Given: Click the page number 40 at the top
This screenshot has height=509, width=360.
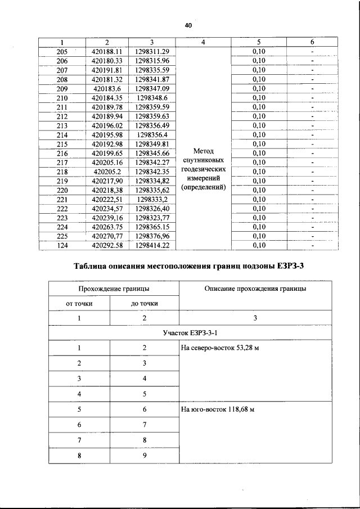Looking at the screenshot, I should pos(188,26).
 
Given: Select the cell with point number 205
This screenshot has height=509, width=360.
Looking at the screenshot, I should pos(62,52).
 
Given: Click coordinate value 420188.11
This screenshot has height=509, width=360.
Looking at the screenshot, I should pos(107,52).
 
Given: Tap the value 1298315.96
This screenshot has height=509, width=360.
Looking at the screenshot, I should pos(152,61).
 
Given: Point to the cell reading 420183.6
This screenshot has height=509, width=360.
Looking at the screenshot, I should pos(107,89).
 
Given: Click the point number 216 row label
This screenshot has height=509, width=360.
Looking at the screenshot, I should pos(62,153).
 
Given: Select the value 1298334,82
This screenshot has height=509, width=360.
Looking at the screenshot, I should pos(152,181).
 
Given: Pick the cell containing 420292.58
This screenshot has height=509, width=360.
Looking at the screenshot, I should pos(107,245).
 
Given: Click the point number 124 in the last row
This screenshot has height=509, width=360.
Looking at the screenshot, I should pos(62,245).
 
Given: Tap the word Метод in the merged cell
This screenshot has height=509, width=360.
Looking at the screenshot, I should pos(203,151).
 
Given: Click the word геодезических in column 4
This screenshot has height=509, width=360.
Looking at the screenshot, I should pos(203,169).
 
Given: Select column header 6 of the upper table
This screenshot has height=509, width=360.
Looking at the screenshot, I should pos(312,42).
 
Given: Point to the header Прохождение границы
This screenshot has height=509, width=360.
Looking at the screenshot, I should pos(113,289).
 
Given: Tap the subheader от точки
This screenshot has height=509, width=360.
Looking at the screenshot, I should pos(79,303).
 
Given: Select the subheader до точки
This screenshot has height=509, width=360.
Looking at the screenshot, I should pos(145,303).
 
